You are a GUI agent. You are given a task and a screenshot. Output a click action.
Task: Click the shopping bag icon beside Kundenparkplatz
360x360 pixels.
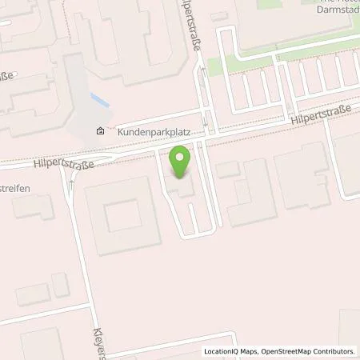pyautogui.click(x=100, y=132)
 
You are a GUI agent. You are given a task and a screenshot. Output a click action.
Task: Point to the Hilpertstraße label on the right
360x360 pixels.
pyautogui.click(x=318, y=117)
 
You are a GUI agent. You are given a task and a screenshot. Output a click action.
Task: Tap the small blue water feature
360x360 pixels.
pyautogui.click(x=99, y=101)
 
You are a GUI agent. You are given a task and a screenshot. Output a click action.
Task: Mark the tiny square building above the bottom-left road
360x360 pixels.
pyautogui.click(x=61, y=284)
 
